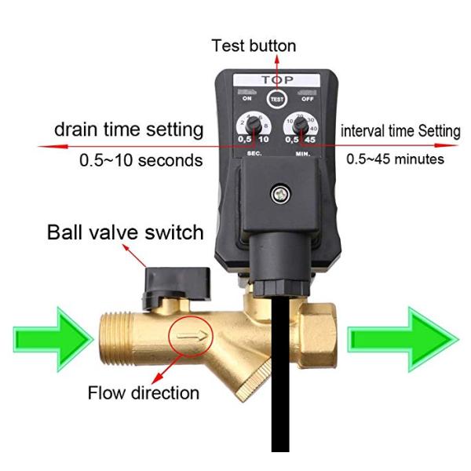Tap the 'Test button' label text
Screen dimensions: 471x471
pyautogui.click(x=254, y=46)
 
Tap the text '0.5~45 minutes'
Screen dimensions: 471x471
pyautogui.click(x=396, y=159)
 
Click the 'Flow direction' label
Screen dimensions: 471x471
pyautogui.click(x=144, y=391)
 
